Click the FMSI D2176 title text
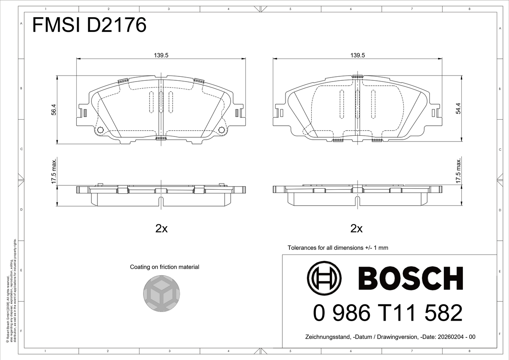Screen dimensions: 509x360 coord(89,25)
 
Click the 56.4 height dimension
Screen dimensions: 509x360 coord(53,109)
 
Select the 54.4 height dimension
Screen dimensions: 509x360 coord(458,109)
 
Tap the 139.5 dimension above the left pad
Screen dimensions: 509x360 coord(161,55)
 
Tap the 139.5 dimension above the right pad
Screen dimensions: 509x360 coord(357,55)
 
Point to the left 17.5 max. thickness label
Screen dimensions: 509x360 coord(53,171)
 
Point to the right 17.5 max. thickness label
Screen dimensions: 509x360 coord(458,171)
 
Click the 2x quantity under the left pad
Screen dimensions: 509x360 coord(161,229)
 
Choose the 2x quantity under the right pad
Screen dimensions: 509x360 coord(357,229)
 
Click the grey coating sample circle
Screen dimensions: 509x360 coord(161,294)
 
